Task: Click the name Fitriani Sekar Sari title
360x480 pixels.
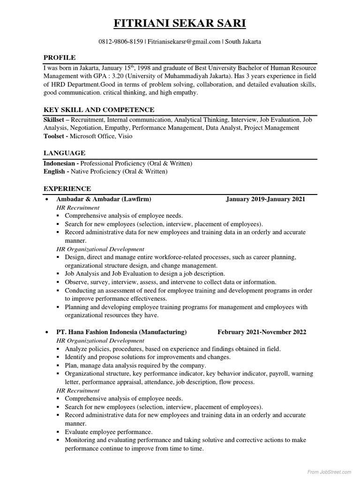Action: click(180, 23)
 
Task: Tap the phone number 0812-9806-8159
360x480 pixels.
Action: click(120, 42)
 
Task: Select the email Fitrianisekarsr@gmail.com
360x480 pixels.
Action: click(184, 42)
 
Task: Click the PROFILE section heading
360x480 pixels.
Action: click(60, 58)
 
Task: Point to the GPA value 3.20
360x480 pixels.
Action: click(120, 76)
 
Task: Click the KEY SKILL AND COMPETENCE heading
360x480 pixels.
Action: click(99, 110)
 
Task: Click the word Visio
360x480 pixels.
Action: click(125, 136)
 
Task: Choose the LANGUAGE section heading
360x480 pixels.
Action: click(64, 153)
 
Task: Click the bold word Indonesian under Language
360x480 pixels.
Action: click(60, 163)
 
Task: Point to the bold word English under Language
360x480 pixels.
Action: click(54, 172)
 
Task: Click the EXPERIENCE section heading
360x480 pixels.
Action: click(67, 189)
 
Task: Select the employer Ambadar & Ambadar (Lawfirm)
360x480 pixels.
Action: click(104, 199)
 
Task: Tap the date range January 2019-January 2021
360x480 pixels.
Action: click(265, 199)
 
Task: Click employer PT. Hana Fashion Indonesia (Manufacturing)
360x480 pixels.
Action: click(121, 332)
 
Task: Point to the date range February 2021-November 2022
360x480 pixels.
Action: click(262, 332)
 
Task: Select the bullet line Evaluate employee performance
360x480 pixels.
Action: click(109, 432)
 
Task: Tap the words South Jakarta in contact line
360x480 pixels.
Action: click(243, 42)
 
